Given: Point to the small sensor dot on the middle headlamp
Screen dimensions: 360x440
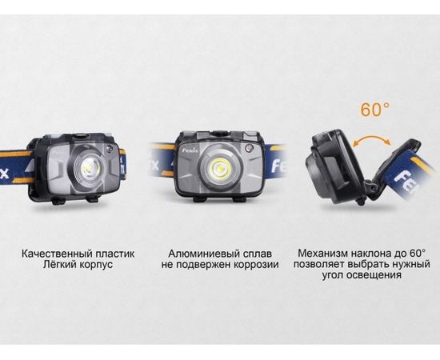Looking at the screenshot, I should (250, 150).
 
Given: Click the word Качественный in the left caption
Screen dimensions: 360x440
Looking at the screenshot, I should (53, 254).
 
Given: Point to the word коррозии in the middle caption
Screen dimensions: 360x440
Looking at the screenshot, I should (252, 267).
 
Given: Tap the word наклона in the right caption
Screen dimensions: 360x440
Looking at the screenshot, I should (374, 254).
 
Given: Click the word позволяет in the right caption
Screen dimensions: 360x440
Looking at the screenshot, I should (320, 267).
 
